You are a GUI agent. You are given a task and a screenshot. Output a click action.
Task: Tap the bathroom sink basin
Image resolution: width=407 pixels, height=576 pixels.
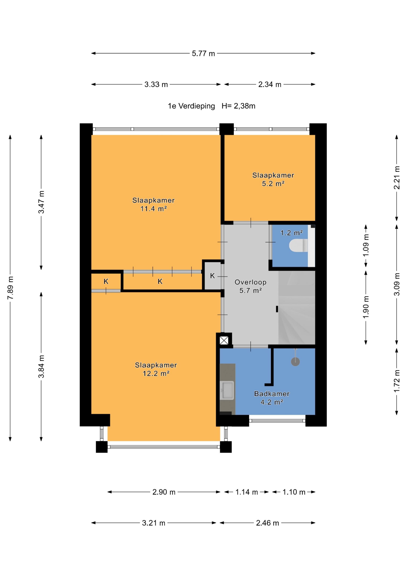[227, 390]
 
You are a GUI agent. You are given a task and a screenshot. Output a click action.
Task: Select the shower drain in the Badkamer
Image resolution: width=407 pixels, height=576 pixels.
[295, 361]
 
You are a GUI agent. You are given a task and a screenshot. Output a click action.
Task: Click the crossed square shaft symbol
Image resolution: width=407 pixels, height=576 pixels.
[224, 341]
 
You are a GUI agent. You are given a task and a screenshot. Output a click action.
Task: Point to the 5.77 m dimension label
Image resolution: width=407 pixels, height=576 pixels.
[203, 53]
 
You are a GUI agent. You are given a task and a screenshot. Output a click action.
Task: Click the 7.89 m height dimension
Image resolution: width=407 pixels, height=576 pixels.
[11, 288]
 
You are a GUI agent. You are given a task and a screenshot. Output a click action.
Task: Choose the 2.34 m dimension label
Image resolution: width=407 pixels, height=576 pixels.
[270, 84]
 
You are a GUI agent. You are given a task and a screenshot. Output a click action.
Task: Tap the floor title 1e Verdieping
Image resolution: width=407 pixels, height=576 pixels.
[191, 106]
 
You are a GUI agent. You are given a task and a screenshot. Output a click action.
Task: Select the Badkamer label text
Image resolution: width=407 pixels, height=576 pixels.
[272, 394]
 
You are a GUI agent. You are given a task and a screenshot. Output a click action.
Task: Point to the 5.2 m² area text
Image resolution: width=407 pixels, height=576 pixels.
[273, 184]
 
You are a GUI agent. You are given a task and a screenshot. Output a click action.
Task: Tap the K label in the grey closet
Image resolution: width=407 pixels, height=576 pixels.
[212, 276]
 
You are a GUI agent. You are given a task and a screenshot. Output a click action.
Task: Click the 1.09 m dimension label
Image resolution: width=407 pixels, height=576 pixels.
[366, 245]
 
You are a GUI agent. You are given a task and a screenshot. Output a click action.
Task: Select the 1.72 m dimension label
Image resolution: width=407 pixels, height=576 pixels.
[397, 381]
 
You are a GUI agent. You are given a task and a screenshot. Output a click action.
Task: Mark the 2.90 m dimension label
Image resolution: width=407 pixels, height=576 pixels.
[164, 492]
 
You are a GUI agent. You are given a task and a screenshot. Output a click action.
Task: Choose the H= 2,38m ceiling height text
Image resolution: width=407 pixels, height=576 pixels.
[239, 106]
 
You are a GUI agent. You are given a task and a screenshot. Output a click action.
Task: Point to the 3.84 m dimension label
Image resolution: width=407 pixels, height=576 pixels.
[41, 367]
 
